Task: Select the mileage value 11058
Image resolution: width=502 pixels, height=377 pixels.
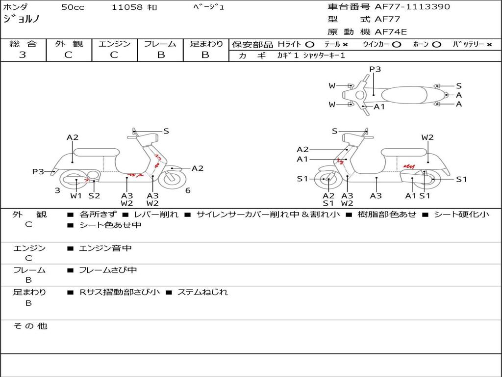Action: pyautogui.click(x=127, y=7)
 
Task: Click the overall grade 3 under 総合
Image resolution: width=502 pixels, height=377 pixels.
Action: pyautogui.click(x=23, y=55)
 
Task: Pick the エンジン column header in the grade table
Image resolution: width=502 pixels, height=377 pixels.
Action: pyautogui.click(x=114, y=44)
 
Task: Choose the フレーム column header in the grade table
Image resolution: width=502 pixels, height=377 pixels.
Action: pyautogui.click(x=160, y=44)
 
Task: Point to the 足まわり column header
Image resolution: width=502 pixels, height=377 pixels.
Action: pyautogui.click(x=206, y=44)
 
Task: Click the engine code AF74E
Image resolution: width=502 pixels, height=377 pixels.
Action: pyautogui.click(x=391, y=32)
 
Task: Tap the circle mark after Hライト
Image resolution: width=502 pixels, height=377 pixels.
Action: pyautogui.click(x=309, y=44)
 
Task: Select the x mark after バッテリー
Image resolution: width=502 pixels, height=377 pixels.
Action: pyautogui.click(x=489, y=44)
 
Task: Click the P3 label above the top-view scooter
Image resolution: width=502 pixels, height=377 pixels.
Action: pyautogui.click(x=375, y=69)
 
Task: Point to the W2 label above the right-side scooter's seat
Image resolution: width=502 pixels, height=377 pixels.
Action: pyautogui.click(x=427, y=137)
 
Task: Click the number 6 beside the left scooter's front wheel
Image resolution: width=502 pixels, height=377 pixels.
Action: pyautogui.click(x=188, y=190)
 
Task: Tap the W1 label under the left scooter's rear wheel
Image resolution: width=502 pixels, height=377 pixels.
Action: pyautogui.click(x=76, y=196)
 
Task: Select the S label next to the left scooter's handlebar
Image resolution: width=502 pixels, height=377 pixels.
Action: pyautogui.click(x=166, y=131)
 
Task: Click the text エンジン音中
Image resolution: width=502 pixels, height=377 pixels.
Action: pyautogui.click(x=105, y=248)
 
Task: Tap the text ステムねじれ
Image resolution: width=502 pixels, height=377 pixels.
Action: pyautogui.click(x=202, y=292)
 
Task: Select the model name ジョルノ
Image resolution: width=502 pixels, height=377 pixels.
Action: pyautogui.click(x=21, y=19)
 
